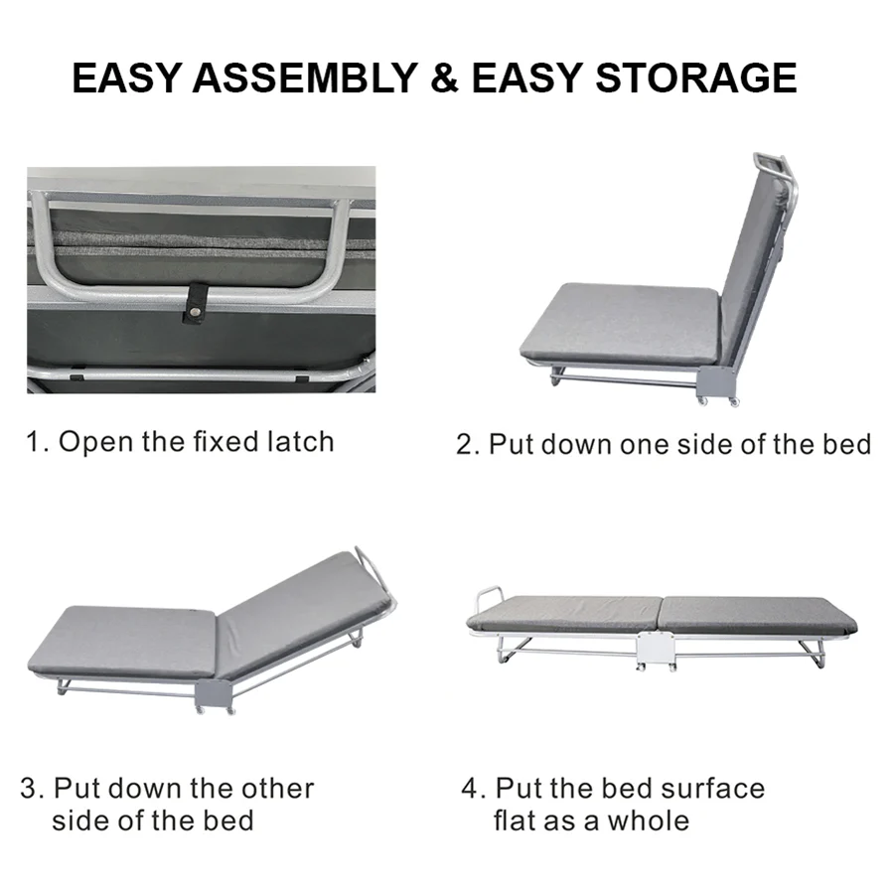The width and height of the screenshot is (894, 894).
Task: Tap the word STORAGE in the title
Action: [695, 78]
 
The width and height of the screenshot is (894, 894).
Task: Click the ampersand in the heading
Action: [445, 78]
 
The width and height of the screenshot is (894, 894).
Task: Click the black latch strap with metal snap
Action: [196, 305]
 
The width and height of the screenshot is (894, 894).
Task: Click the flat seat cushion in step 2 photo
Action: [618, 320]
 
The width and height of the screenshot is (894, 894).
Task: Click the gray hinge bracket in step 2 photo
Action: [716, 380]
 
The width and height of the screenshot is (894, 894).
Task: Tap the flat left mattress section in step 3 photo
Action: [124, 641]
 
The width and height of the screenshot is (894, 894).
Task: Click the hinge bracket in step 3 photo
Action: [213, 695]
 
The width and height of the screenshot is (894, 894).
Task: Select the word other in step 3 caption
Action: [277, 789]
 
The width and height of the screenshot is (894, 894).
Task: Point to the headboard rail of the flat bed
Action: [487, 599]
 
